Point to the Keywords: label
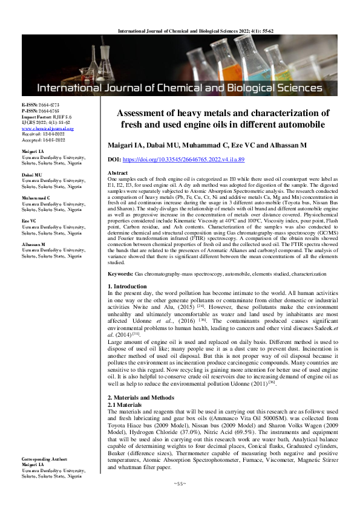coord(120,274)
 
